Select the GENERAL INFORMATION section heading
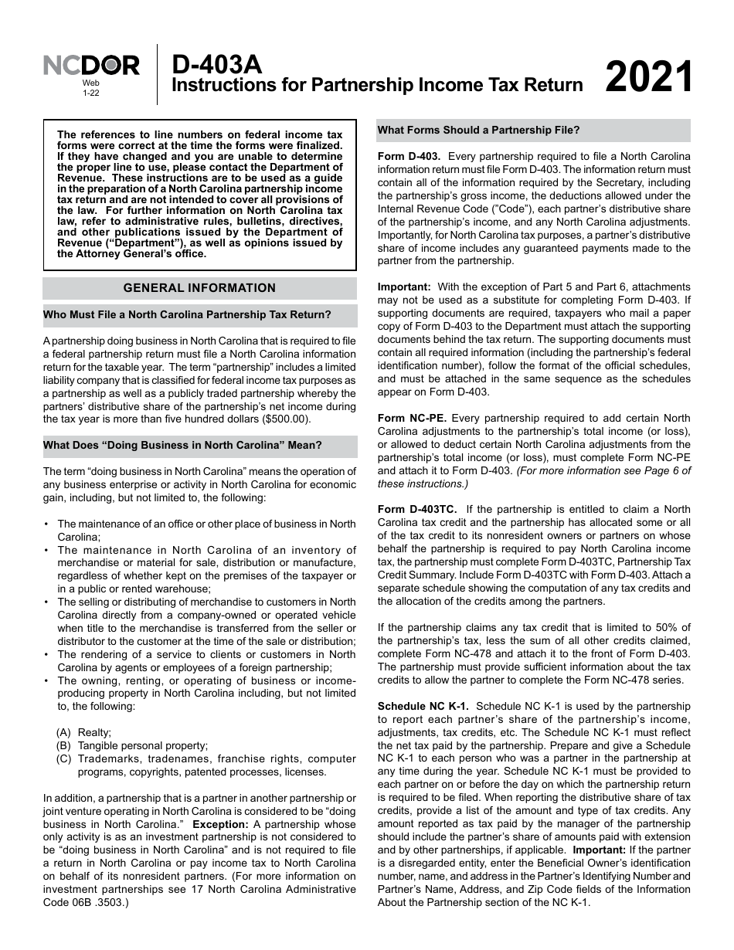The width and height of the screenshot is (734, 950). tap(199, 288)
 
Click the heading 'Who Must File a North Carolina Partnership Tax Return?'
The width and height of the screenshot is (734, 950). tap(187, 314)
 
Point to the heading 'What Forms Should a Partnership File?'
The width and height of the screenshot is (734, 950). tap(478, 130)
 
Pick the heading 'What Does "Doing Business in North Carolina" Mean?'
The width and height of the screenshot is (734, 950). tap(182, 445)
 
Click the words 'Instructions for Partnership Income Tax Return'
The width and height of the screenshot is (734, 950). tap(376, 85)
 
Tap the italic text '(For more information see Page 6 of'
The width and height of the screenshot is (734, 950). tap(603, 470)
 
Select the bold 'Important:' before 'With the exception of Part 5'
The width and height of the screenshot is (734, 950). tap(404, 287)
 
